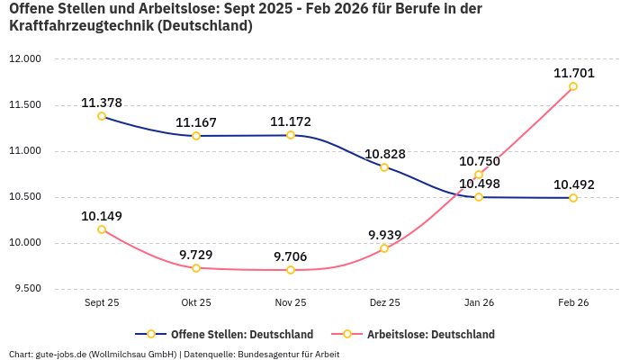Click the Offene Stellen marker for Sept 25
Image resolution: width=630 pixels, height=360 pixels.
click(x=102, y=116)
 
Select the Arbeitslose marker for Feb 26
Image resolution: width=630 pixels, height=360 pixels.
click(x=572, y=86)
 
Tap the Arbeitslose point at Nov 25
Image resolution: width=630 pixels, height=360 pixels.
click(x=290, y=270)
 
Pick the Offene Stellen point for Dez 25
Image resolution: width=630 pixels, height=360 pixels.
click(x=384, y=167)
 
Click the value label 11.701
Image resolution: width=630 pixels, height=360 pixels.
click(x=572, y=73)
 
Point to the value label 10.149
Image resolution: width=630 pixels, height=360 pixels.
click(x=102, y=216)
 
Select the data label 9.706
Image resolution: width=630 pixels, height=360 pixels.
click(x=290, y=256)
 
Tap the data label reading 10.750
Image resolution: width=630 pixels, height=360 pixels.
click(x=479, y=161)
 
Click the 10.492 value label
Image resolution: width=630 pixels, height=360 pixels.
click(x=573, y=184)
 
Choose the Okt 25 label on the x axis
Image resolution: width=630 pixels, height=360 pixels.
click(x=196, y=303)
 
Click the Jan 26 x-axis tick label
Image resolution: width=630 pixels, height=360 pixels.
click(x=479, y=303)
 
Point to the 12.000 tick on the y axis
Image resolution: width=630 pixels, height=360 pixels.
click(x=25, y=59)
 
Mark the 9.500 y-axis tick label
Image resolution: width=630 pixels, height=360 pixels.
click(x=27, y=289)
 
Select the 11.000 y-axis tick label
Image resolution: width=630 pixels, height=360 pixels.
click(x=25, y=151)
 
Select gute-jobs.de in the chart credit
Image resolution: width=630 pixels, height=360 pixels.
click(x=59, y=354)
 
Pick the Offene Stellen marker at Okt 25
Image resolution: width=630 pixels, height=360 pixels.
click(x=196, y=136)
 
